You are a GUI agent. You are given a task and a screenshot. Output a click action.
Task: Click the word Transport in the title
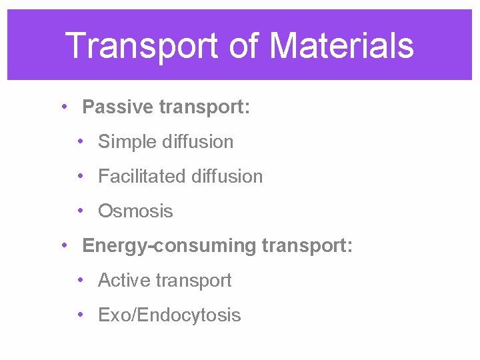click(x=141, y=46)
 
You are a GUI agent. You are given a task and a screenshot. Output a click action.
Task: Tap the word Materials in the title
click(x=342, y=46)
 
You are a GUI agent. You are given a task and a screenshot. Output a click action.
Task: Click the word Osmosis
click(x=135, y=211)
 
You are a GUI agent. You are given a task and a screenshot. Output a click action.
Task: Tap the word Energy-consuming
click(x=169, y=246)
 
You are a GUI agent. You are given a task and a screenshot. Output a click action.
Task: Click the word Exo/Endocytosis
click(x=169, y=315)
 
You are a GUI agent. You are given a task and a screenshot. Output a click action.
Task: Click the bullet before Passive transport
click(x=62, y=107)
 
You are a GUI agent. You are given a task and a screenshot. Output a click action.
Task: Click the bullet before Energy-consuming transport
click(x=62, y=245)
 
